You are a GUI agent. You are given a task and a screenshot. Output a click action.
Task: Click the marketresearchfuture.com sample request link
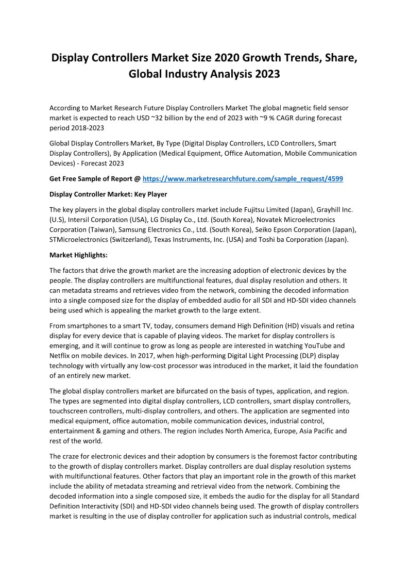coord(243,178)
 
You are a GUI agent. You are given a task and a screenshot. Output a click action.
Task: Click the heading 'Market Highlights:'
coord(78,255)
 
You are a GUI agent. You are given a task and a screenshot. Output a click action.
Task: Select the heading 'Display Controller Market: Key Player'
coord(108,194)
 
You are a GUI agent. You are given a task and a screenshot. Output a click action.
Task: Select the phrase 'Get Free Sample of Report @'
coord(95,178)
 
